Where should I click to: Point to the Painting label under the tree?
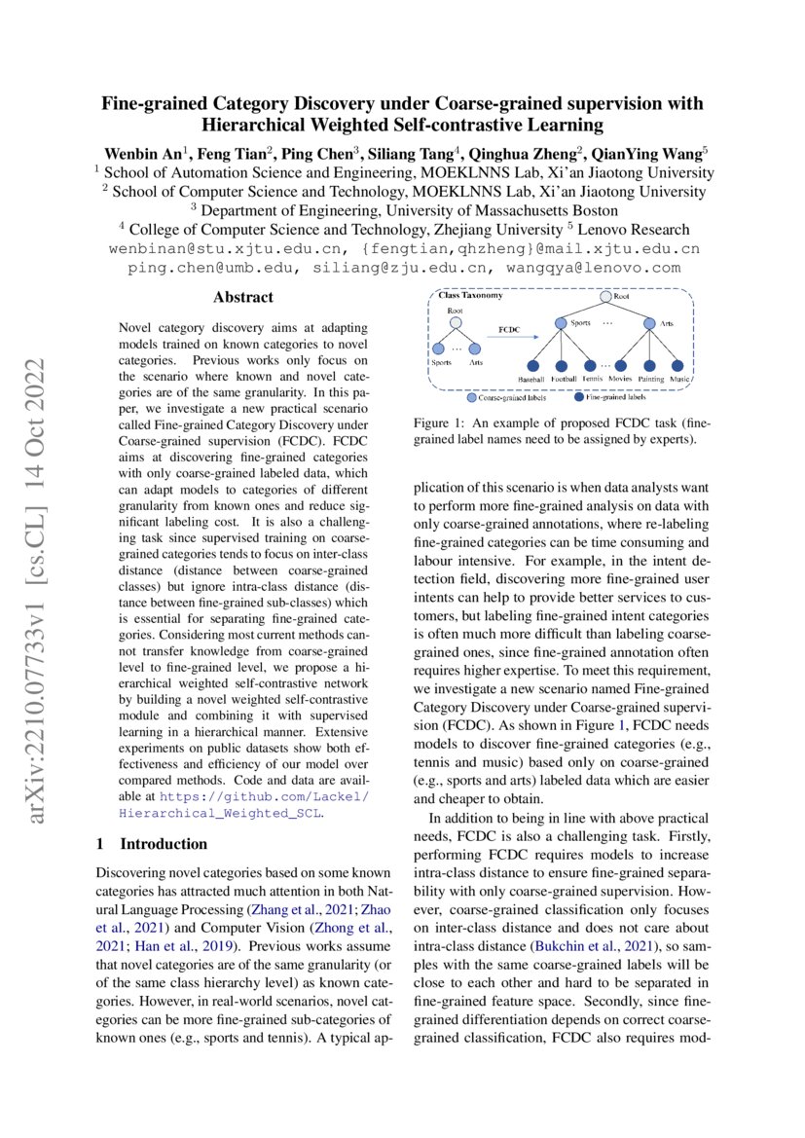[x=651, y=379]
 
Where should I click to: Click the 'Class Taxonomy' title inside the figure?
[x=470, y=295]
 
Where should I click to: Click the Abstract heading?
[x=243, y=297]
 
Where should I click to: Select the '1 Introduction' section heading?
[x=152, y=843]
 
